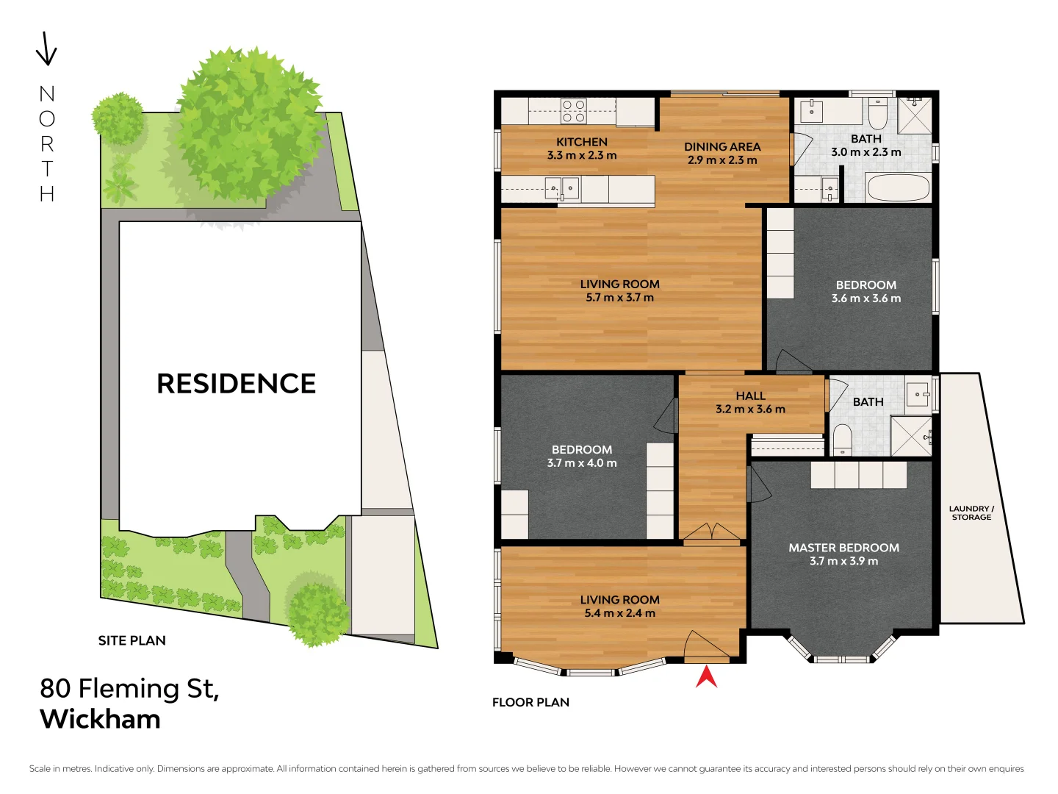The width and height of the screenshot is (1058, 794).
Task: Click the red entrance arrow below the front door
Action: click(706, 677)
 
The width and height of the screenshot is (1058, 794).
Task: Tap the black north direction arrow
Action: click(46, 49)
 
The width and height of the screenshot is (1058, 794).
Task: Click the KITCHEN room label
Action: click(582, 142)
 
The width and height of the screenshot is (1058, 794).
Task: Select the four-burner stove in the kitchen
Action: click(574, 111)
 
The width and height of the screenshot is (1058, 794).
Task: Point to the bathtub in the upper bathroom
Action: click(898, 187)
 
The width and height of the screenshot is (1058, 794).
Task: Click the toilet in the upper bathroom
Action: click(878, 114)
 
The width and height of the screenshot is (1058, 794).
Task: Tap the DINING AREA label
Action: click(722, 147)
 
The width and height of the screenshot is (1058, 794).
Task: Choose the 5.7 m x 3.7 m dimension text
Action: click(619, 298)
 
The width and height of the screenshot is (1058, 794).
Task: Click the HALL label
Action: click(750, 396)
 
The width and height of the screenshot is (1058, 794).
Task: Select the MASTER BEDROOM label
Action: click(843, 548)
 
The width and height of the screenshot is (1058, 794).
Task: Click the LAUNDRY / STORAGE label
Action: click(971, 512)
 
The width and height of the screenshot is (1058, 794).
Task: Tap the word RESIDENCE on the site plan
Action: click(236, 383)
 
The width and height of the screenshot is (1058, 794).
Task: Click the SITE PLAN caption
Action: click(132, 640)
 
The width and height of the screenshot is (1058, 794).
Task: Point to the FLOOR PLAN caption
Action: click(530, 702)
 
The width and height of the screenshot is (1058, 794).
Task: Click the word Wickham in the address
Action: click(100, 719)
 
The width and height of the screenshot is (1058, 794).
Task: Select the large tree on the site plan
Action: click(248, 125)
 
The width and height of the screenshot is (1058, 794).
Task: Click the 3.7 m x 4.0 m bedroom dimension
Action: click(582, 463)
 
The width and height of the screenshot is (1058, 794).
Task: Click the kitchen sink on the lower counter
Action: click(562, 189)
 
